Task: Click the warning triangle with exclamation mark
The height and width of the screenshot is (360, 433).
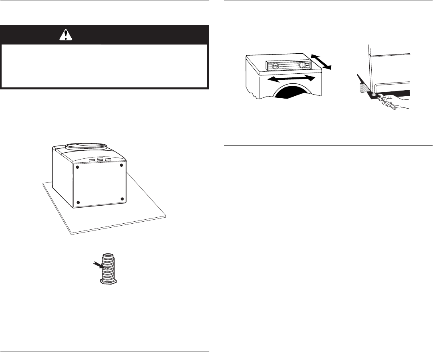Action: pyautogui.click(x=64, y=35)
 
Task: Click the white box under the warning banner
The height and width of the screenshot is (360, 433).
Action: pyautogui.click(x=105, y=66)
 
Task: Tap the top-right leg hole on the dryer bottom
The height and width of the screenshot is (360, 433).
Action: pyautogui.click(x=121, y=164)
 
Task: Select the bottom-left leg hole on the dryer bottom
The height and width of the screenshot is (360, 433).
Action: pyautogui.click(x=79, y=201)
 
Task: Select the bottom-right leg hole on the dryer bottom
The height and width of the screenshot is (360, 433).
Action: pyautogui.click(x=122, y=199)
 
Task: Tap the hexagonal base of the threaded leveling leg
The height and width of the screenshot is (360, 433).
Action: pyautogui.click(x=108, y=281)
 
